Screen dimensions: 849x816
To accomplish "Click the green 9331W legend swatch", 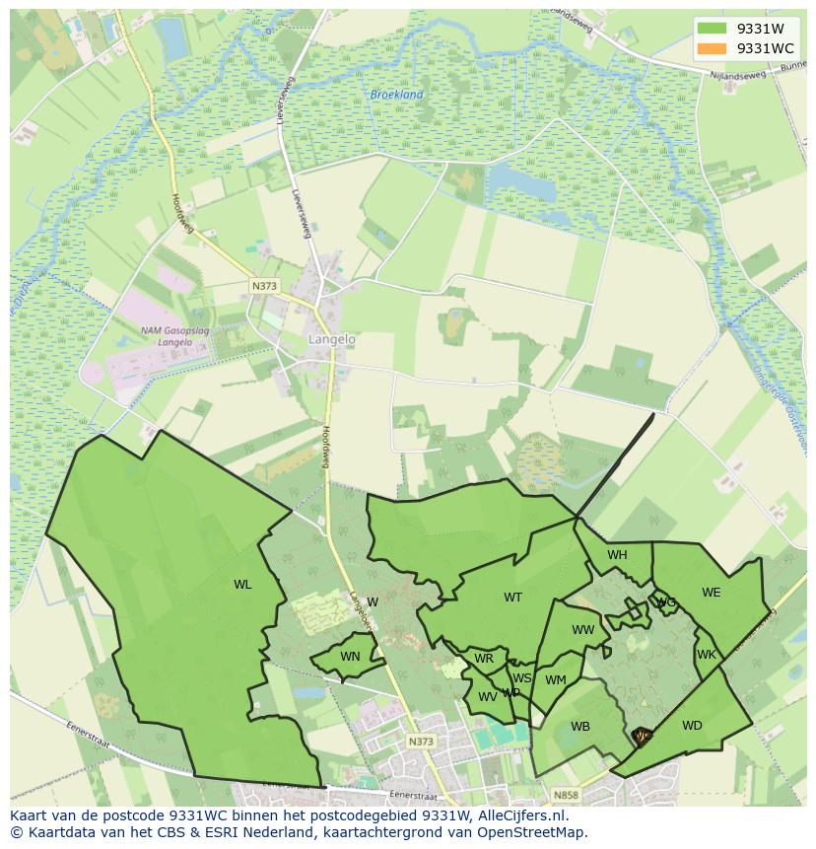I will coord(711,29).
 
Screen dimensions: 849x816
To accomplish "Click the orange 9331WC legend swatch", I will coord(711,48).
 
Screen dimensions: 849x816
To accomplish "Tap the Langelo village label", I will coord(331,339).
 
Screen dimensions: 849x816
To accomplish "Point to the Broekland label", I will coord(396,95).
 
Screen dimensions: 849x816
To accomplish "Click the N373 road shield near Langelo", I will coord(264,286).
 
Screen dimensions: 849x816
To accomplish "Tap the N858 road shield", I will coord(566,795).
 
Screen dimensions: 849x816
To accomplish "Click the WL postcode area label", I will coord(242,585).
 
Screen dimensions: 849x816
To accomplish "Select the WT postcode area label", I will coord(512,598).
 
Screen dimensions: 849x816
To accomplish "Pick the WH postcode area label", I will coord(617,555).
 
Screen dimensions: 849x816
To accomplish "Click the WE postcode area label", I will coord(711,593).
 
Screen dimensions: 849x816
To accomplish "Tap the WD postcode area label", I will coord(692,726).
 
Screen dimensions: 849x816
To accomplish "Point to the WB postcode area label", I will coord(580,727).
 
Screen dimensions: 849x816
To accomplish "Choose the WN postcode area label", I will coord(350,657).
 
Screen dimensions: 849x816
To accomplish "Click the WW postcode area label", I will coord(582,630).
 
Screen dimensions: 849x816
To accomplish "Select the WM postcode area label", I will coord(556,679).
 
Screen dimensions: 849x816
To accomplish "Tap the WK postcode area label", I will coord(706,655).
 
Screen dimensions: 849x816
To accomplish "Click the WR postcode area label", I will coord(483,659).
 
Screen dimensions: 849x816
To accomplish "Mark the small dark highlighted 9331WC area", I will coord(642,735).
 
